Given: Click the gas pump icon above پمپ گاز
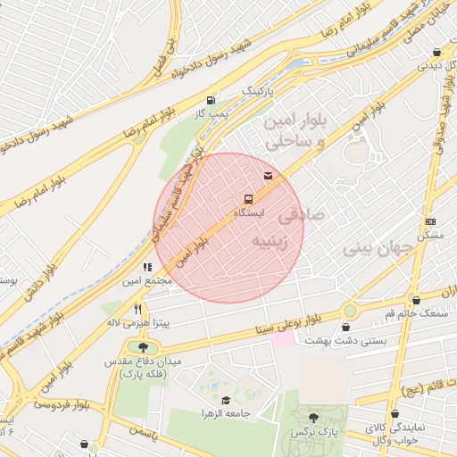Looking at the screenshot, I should [211, 100].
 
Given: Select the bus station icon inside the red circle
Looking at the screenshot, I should [248, 199].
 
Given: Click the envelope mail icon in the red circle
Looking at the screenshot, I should [269, 174].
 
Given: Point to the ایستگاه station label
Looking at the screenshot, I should [248, 214].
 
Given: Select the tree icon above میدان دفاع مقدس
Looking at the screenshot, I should [144, 347].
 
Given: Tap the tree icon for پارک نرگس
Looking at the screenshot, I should [312, 417].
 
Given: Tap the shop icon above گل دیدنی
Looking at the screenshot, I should [436, 52].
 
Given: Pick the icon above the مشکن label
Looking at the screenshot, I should [430, 221].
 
